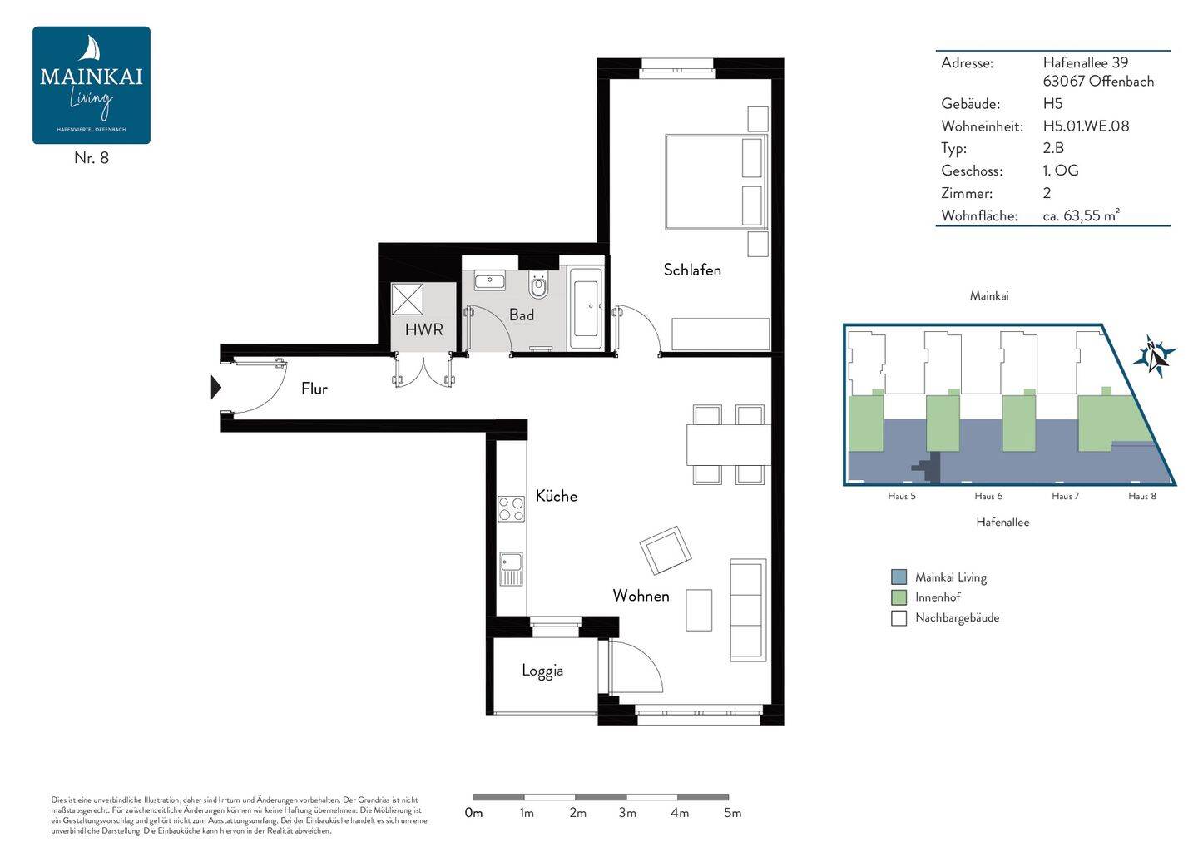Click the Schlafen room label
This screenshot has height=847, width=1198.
pyautogui.click(x=692, y=270)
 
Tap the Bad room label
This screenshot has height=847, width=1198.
pyautogui.click(x=522, y=315)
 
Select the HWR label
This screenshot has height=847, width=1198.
pyautogui.click(x=423, y=329)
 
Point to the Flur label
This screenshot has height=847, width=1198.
pyautogui.click(x=314, y=389)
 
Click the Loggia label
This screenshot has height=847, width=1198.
pyautogui.click(x=542, y=671)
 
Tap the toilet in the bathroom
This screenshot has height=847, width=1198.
pyautogui.click(x=538, y=285)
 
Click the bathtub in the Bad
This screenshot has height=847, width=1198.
pyautogui.click(x=586, y=309)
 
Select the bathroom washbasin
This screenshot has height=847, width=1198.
pyautogui.click(x=489, y=280)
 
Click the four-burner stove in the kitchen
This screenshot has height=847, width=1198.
pyautogui.click(x=511, y=508)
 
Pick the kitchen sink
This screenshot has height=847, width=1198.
pyautogui.click(x=511, y=569)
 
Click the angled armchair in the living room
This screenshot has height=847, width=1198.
pyautogui.click(x=666, y=550)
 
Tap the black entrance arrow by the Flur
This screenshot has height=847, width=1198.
pyautogui.click(x=215, y=388)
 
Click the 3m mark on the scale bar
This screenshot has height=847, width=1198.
pyautogui.click(x=627, y=814)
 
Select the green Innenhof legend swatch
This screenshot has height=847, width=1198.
pyautogui.click(x=898, y=597)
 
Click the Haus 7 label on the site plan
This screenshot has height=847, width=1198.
pyautogui.click(x=1065, y=496)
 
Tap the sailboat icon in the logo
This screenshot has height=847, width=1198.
pyautogui.click(x=91, y=48)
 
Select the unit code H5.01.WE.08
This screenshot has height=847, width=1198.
pyautogui.click(x=1086, y=126)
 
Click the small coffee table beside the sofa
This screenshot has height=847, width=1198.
pyautogui.click(x=699, y=610)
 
